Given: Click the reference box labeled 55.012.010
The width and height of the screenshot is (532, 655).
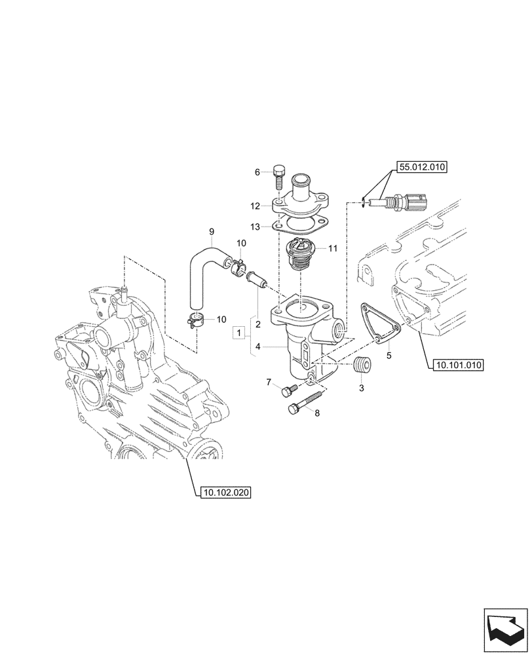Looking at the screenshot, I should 420,167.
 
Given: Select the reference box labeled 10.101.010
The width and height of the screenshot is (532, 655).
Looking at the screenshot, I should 457,365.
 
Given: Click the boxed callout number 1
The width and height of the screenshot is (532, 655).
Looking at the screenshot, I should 239,334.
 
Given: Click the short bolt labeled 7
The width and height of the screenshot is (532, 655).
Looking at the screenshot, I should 286,392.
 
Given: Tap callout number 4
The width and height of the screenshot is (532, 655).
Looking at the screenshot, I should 258,346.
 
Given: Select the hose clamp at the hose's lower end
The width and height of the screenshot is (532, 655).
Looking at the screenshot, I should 196,320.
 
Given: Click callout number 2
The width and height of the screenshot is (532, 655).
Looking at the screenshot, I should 258,324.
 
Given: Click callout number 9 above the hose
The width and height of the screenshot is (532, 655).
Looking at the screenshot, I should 211,231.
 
